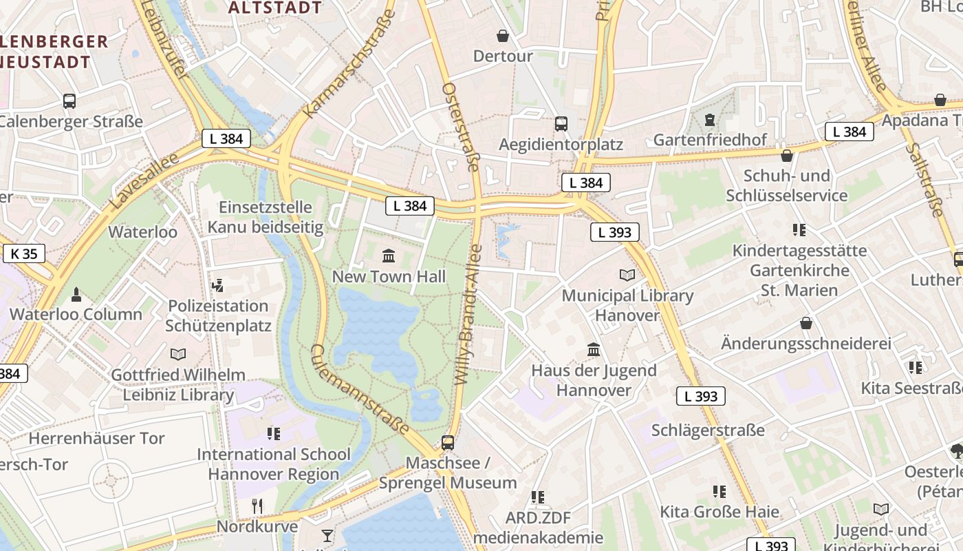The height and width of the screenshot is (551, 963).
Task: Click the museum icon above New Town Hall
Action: click(388, 256)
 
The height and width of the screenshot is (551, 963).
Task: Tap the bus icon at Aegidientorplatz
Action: click(561, 124)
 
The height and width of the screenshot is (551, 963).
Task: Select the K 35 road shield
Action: click(24, 253)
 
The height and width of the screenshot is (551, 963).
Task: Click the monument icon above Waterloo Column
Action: click(76, 295)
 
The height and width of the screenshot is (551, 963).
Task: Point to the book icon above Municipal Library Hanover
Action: click(627, 275)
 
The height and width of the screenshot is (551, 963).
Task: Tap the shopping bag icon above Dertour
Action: click(503, 36)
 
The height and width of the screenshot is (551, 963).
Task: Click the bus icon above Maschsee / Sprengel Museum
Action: click(448, 442)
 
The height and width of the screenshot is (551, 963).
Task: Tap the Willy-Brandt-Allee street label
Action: click(469, 313)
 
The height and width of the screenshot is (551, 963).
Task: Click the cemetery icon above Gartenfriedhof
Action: click(709, 121)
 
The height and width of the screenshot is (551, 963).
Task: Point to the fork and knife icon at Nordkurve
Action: click(257, 506)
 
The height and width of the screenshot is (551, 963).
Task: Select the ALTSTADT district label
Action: click(274, 8)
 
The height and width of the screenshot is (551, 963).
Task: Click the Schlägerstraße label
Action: click(708, 430)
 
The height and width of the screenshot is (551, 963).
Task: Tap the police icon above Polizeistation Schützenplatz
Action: click(218, 285)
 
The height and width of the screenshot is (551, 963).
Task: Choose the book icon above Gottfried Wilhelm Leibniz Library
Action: click(178, 355)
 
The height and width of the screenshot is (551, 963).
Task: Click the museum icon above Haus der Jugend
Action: click(594, 350)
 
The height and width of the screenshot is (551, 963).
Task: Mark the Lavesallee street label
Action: click(144, 181)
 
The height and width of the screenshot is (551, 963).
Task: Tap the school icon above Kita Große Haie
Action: click(719, 492)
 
